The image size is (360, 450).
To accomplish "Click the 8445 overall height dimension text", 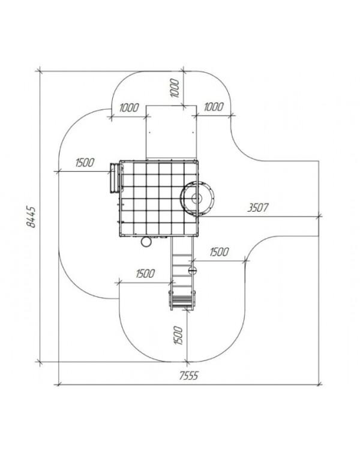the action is coord(31,217).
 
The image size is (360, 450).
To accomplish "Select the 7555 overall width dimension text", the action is coord(189,376).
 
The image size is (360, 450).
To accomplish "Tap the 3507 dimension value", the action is coord(258,208).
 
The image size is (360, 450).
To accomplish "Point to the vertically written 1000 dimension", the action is coord(175,88).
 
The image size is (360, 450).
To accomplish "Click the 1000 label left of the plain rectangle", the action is coord(129,108).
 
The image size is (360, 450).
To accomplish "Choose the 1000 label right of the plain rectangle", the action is coord(214,107).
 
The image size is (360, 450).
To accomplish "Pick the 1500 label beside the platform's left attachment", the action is coord(85,163).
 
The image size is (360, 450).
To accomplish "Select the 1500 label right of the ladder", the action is coord(220,252).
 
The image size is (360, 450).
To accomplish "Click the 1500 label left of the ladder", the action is coord(145,274).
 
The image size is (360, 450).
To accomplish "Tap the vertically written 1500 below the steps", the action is coord(178,335).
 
